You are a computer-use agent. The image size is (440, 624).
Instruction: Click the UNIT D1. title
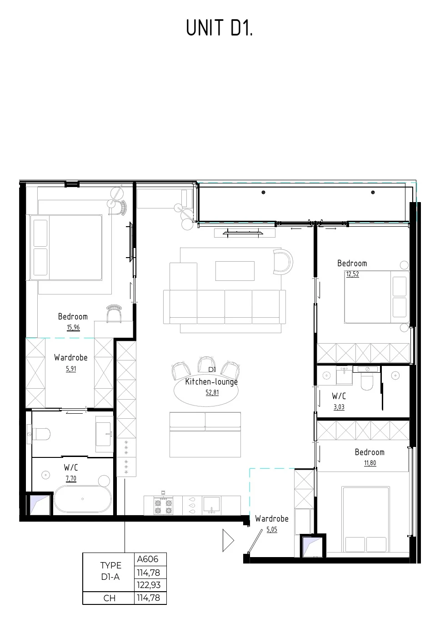[x=219, y=28]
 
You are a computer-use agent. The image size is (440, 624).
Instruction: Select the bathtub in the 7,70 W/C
[x=83, y=499]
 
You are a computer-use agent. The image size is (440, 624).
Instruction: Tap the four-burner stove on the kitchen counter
[x=163, y=507]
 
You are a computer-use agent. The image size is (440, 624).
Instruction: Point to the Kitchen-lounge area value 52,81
[x=212, y=392]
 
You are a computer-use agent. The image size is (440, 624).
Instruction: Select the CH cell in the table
[x=109, y=598]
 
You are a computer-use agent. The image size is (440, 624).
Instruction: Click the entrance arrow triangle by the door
[x=228, y=540]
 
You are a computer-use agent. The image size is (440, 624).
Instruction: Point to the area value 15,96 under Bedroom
[x=73, y=328]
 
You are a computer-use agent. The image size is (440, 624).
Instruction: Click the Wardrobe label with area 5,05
[x=272, y=518]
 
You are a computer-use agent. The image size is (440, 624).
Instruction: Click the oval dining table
[x=206, y=390]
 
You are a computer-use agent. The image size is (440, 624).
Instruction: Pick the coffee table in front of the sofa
[x=235, y=270]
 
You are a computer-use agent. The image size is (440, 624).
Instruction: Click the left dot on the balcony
[x=263, y=192]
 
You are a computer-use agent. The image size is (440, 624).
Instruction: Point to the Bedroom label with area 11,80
[x=370, y=452]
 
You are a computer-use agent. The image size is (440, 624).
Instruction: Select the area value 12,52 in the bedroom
[x=352, y=274]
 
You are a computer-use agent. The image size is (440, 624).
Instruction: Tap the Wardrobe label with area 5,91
[x=70, y=357]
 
